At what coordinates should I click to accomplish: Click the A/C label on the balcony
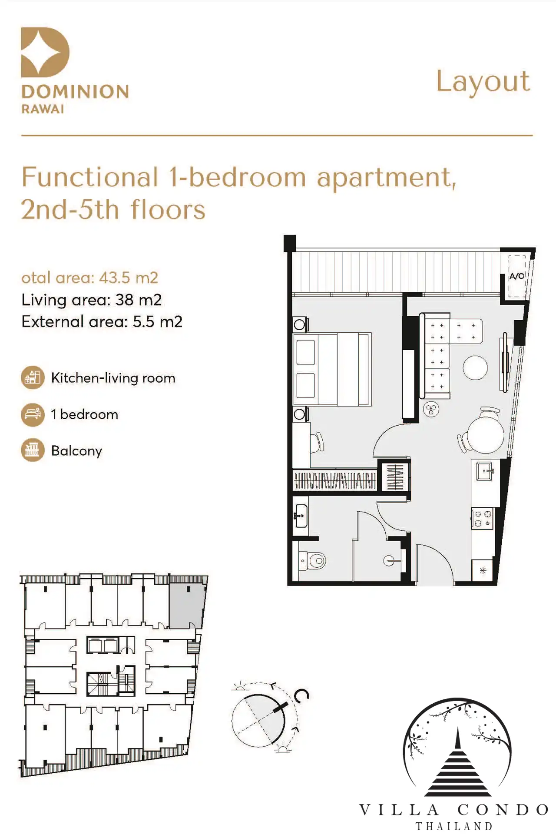click(516, 276)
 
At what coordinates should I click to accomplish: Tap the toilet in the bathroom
click(313, 561)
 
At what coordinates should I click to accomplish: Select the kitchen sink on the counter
click(485, 471)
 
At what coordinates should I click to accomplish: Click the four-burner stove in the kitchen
click(482, 519)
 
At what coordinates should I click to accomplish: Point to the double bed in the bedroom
click(332, 369)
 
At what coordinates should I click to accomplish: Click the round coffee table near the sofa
click(475, 367)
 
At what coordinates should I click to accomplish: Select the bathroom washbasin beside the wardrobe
click(301, 516)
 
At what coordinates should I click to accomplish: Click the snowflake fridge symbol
click(483, 571)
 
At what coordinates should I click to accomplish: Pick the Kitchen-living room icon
click(33, 377)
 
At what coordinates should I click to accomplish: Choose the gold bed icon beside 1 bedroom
click(33, 414)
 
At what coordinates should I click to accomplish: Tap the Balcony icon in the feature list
click(33, 450)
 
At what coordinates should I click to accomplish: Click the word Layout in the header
click(483, 82)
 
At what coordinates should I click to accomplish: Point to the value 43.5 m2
click(129, 278)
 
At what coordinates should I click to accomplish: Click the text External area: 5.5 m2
click(102, 322)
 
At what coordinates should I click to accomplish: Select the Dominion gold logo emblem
click(45, 52)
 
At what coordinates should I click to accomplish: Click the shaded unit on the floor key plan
click(187, 606)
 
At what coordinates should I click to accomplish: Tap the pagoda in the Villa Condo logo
click(457, 763)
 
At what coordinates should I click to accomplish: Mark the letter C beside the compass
click(301, 695)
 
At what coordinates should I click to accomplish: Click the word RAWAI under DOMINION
click(43, 109)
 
